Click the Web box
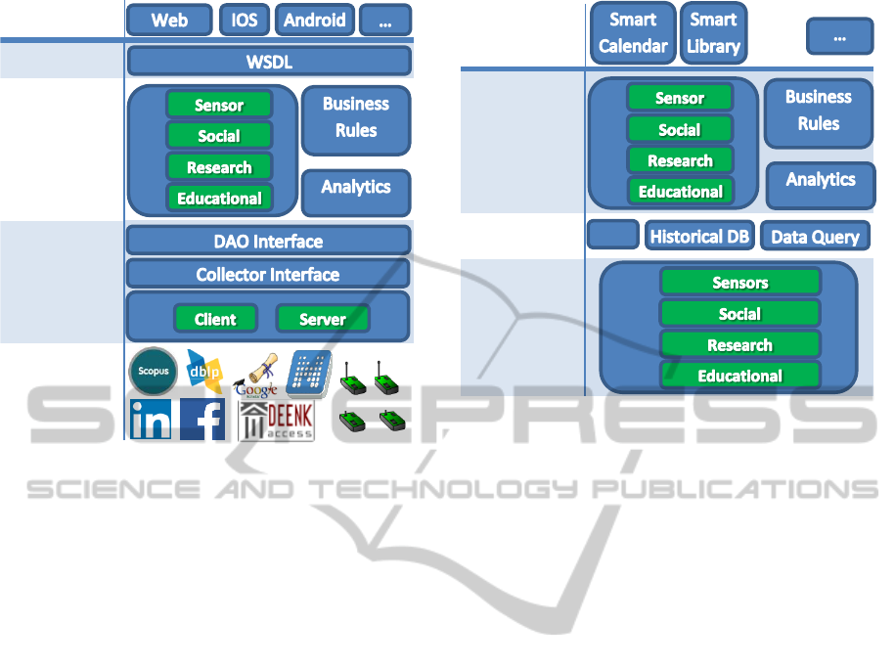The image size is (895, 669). point(169,20)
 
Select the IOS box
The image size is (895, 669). point(245,20)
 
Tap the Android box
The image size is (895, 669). point(315,20)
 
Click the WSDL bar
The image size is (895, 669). point(269,62)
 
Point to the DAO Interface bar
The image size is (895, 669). point(269,241)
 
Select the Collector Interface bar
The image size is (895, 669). point(269,274)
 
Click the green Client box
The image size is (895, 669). point(215,319)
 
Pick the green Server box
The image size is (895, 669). point(323,319)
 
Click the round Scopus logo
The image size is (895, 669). point(154,372)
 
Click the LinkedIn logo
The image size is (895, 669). point(151,420)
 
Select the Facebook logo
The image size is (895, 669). point(202,420)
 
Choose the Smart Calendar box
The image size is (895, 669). point(633,33)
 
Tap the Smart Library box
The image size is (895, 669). point(713,33)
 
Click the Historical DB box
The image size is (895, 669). point(699,236)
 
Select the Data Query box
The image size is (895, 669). point(815,236)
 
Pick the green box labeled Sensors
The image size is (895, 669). point(740,283)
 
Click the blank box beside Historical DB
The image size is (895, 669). point(613,235)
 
